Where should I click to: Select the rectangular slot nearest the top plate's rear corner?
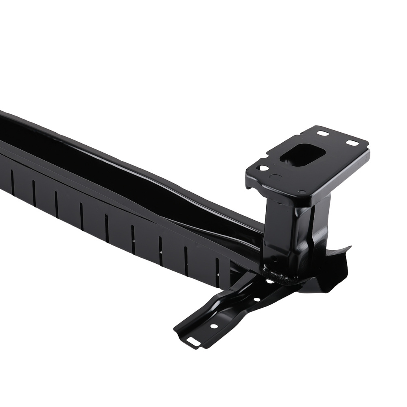click(x=323, y=133)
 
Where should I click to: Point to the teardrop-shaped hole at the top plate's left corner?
click(x=263, y=168)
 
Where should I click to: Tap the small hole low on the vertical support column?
click(x=275, y=258)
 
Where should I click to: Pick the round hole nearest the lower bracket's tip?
click(x=213, y=326)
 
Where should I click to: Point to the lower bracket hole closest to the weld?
click(x=270, y=281)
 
